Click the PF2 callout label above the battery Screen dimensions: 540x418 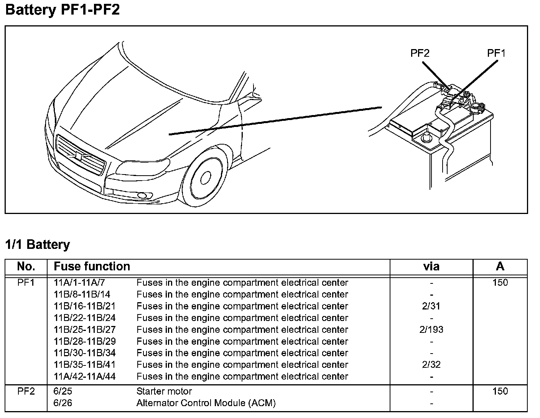pyautogui.click(x=420, y=53)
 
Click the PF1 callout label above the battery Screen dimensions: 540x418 pyautogui.click(x=496, y=53)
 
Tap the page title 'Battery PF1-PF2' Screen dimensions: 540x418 pyautogui.click(x=63, y=10)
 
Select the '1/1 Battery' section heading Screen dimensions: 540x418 pyautogui.click(x=38, y=244)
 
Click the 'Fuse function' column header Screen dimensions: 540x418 pyautogui.click(x=92, y=266)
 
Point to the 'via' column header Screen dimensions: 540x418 pyautogui.click(x=431, y=267)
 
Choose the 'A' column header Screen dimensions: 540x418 pyautogui.click(x=500, y=266)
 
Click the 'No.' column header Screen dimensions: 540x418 pyautogui.click(x=26, y=266)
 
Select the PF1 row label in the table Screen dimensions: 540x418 pyautogui.click(x=26, y=283)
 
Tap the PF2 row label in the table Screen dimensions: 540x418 pyautogui.click(x=26, y=391)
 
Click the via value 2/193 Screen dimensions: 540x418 pyautogui.click(x=431, y=329)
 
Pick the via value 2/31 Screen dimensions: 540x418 pyautogui.click(x=431, y=306)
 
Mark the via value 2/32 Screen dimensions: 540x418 pyautogui.click(x=431, y=365)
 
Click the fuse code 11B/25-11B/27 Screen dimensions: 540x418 pyautogui.click(x=85, y=329)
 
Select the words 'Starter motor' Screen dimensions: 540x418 pyautogui.click(x=164, y=391)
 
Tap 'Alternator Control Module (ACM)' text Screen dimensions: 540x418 pyautogui.click(x=206, y=403)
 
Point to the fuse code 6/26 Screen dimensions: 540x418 pyautogui.click(x=63, y=403)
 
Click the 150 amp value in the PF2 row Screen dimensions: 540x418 pyautogui.click(x=500, y=391)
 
